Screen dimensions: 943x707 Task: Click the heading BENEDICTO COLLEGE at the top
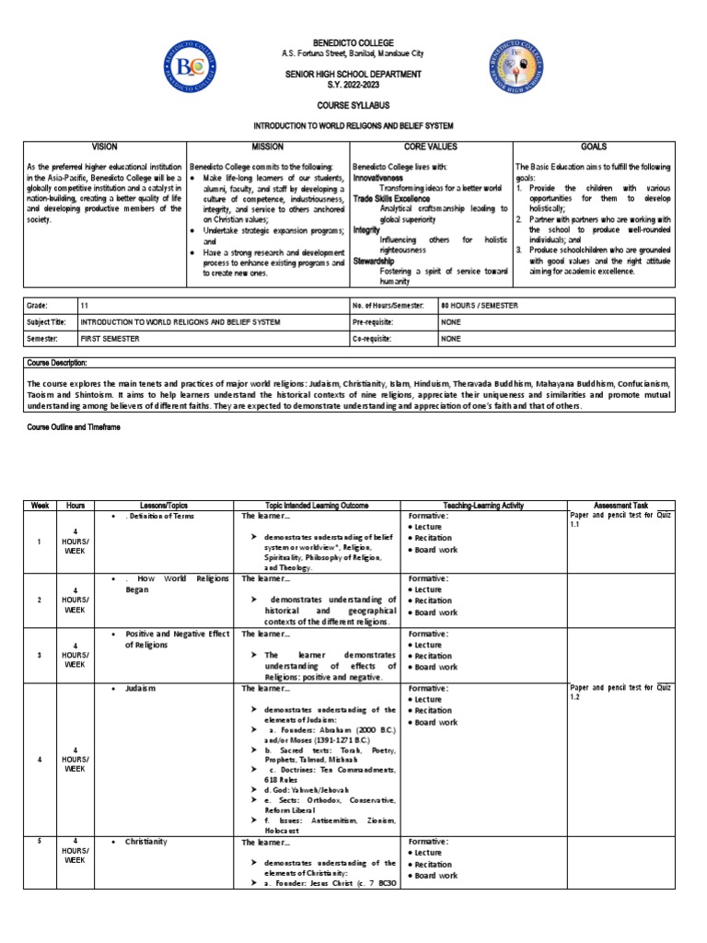pos(354,43)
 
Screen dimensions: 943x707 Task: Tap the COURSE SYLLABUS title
pos(354,106)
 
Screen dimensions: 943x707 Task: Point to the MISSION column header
pos(268,146)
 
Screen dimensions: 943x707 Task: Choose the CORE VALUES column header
pos(430,146)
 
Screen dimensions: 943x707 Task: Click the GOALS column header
pos(594,146)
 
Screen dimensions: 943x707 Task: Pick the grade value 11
pos(85,305)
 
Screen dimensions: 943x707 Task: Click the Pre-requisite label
pos(377,322)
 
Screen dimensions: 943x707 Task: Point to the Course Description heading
pos(58,364)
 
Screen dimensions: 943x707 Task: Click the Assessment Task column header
pos(621,506)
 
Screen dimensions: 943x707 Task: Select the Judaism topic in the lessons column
pos(141,688)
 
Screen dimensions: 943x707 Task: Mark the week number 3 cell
pos(40,654)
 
